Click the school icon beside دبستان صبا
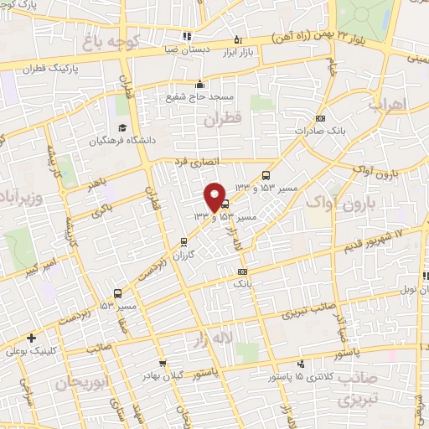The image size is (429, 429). click(x=186, y=36)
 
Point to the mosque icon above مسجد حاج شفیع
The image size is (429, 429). click(x=199, y=84)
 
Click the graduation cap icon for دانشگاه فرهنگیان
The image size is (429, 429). click(x=122, y=128)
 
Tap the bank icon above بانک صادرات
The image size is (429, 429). click(x=319, y=119)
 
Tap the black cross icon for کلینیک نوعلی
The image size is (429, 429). click(x=31, y=339)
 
